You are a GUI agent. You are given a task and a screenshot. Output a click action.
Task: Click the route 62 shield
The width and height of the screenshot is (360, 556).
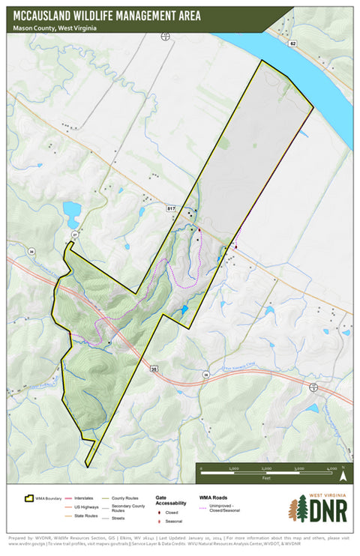(x=293, y=45)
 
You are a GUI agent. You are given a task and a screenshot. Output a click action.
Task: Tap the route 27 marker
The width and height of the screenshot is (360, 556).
(x=74, y=235)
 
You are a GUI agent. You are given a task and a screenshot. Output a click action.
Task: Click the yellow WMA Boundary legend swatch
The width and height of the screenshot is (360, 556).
(x=31, y=497)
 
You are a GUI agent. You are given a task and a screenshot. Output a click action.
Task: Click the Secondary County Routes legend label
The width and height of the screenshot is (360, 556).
(x=127, y=507)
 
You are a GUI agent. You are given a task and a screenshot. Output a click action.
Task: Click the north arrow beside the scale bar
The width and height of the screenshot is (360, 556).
(x=342, y=474)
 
